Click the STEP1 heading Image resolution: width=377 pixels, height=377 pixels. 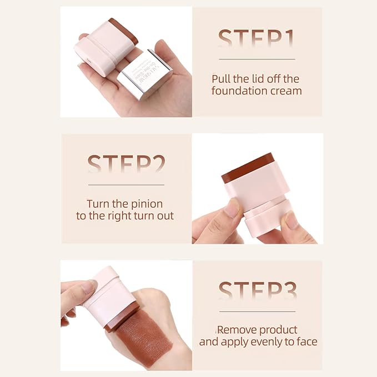[x=256, y=39]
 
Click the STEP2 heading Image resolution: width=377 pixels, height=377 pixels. [x=126, y=165]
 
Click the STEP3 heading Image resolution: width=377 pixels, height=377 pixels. [x=257, y=292]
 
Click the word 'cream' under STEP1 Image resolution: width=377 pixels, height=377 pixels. [x=287, y=91]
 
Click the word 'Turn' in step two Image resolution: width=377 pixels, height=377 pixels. [x=98, y=204]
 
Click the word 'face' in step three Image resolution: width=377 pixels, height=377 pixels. [x=306, y=342]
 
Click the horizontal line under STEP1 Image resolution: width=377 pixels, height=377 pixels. [x=256, y=59]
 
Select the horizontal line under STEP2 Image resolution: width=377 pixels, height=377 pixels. [x=126, y=184]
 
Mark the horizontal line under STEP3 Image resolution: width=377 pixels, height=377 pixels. [x=257, y=311]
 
